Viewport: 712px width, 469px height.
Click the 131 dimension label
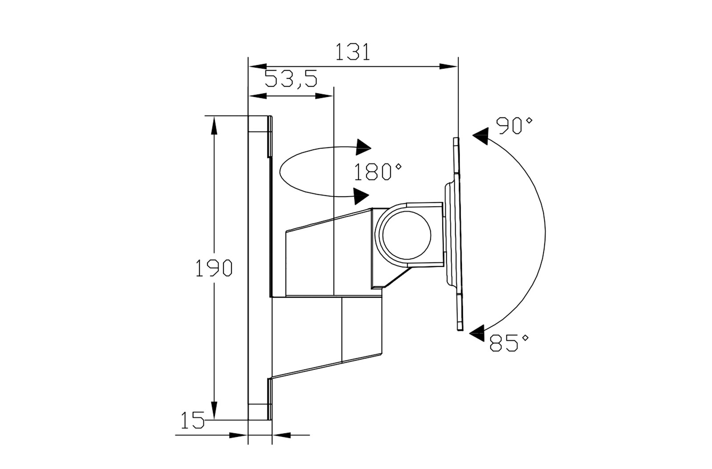pyautogui.click(x=353, y=52)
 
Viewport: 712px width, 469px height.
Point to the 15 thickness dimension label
pyautogui.click(x=192, y=420)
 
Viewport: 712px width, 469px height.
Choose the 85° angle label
pyautogui.click(x=509, y=343)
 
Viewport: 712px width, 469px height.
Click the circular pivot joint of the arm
pyautogui.click(x=407, y=236)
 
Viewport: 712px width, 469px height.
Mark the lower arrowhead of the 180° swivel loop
pyautogui.click(x=361, y=196)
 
